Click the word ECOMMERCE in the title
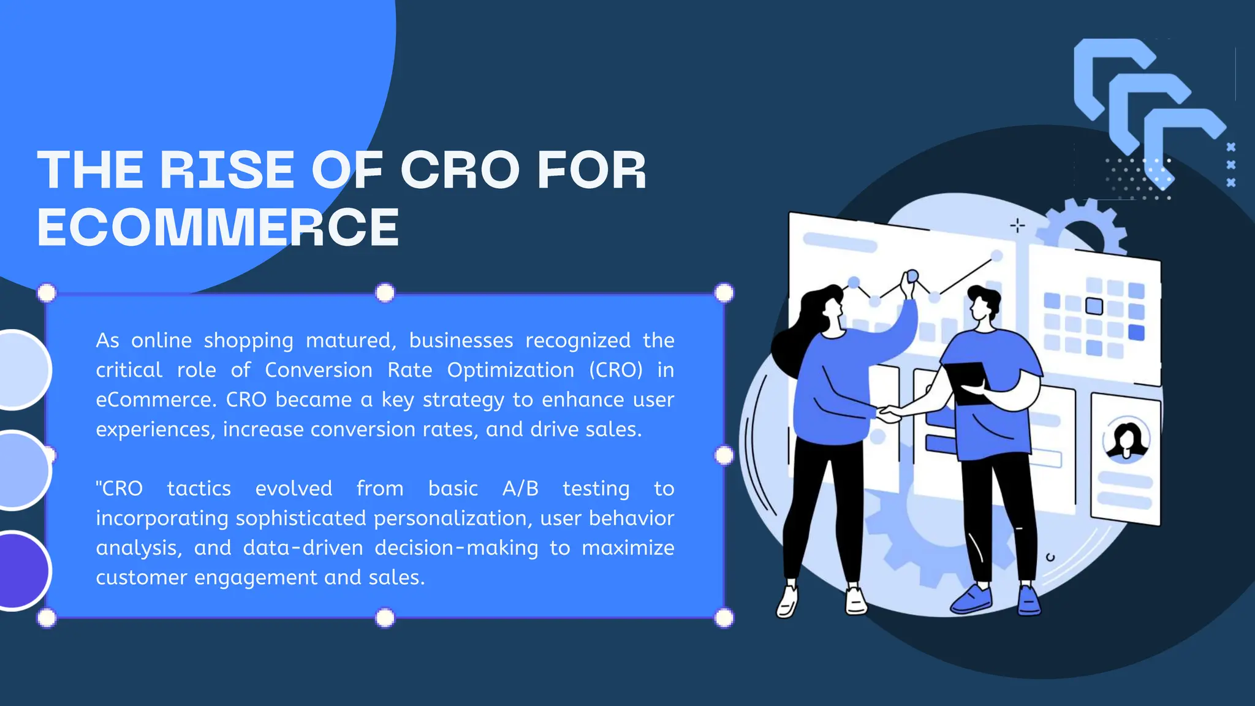218,227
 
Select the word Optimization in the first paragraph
510,370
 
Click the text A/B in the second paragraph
520,488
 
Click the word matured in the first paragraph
351,341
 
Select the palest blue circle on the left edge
23,370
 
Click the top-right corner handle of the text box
724,293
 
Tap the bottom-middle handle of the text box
385,618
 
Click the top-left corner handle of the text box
47,293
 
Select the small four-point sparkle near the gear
1017,226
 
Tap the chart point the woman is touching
912,276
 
